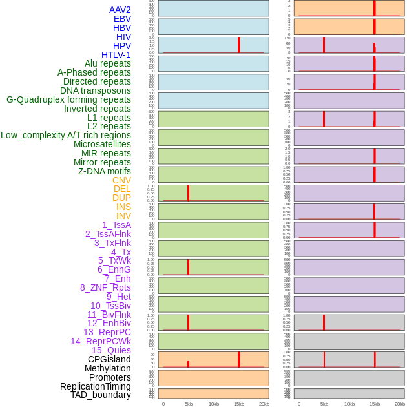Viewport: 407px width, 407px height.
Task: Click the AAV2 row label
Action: tap(120, 10)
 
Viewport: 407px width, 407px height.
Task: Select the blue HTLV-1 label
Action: tap(116, 55)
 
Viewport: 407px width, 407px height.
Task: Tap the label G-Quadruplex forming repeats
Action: tap(68, 99)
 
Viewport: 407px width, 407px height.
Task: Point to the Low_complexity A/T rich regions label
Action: tap(66, 135)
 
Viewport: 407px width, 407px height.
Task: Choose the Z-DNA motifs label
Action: tap(105, 171)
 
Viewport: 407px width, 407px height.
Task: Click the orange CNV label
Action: tap(121, 180)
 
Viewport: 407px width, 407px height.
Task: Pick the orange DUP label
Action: tap(121, 198)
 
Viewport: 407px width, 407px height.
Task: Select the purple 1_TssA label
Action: tap(116, 225)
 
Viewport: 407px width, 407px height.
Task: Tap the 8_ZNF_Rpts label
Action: tap(105, 287)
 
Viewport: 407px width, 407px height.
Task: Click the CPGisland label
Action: tap(109, 359)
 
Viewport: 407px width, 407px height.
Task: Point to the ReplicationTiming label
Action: tap(96, 386)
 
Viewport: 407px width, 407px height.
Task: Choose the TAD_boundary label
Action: tap(101, 395)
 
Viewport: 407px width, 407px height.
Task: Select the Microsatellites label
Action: tap(102, 144)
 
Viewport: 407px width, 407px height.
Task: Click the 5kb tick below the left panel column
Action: tap(189, 404)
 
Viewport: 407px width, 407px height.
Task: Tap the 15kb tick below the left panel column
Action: tap(239, 404)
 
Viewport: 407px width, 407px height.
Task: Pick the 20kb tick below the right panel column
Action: tap(400, 404)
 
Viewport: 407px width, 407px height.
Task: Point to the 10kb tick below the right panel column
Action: tap(350, 404)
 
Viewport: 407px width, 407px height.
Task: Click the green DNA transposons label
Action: tap(96, 90)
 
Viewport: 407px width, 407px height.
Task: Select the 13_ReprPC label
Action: tap(107, 332)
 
